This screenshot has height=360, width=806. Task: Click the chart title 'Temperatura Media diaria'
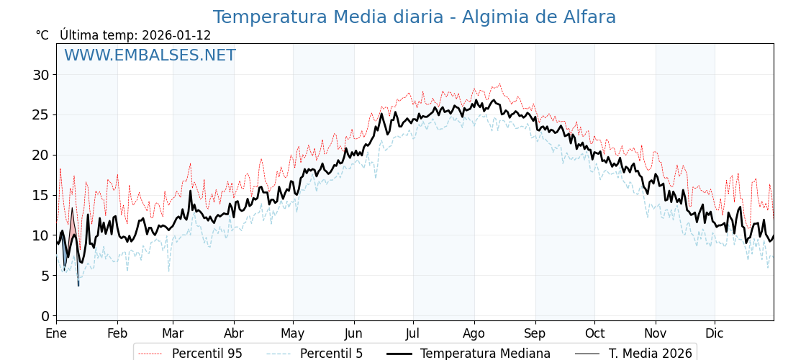pos(414,17)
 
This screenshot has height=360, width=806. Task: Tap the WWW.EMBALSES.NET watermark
pos(150,55)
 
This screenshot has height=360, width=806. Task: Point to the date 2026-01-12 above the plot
pos(176,35)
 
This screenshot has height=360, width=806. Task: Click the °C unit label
pos(42,35)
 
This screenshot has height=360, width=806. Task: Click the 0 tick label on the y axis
pos(45,316)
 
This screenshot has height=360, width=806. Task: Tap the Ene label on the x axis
pos(56,333)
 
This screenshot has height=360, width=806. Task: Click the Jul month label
pos(413,333)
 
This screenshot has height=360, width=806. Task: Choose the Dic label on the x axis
pos(715,333)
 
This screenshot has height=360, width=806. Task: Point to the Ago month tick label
pos(474,333)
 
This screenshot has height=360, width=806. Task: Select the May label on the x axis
pos(293,333)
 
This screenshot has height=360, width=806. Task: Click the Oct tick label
pos(594,333)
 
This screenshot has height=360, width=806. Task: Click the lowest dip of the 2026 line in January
pos(78,286)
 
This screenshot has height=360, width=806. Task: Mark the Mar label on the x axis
pos(173,333)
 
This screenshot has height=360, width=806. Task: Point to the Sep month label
pos(535,333)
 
